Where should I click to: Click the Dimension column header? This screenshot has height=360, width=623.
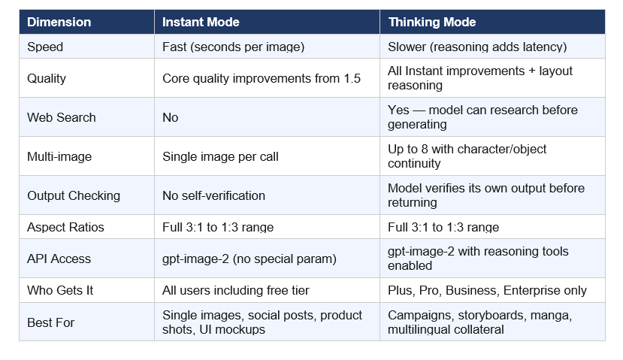click(x=59, y=22)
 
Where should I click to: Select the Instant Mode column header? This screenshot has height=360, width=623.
click(x=201, y=22)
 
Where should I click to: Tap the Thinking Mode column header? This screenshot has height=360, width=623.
click(x=432, y=22)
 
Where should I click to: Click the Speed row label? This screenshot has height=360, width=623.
click(x=45, y=47)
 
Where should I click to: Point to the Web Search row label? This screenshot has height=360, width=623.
click(x=62, y=117)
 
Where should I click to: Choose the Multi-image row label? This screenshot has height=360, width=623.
click(x=60, y=156)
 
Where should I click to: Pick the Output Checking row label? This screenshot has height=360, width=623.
click(x=74, y=195)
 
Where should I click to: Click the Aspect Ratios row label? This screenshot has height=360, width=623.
click(x=65, y=227)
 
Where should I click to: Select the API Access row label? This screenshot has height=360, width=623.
click(x=59, y=259)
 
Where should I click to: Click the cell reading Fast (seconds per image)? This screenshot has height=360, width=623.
click(x=233, y=47)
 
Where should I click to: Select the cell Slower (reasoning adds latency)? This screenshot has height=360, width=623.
click(x=477, y=47)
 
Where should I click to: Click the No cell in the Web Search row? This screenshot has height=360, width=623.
click(x=171, y=117)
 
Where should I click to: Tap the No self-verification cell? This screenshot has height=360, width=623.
click(x=213, y=195)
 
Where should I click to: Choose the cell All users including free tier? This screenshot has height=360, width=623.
click(x=235, y=290)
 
